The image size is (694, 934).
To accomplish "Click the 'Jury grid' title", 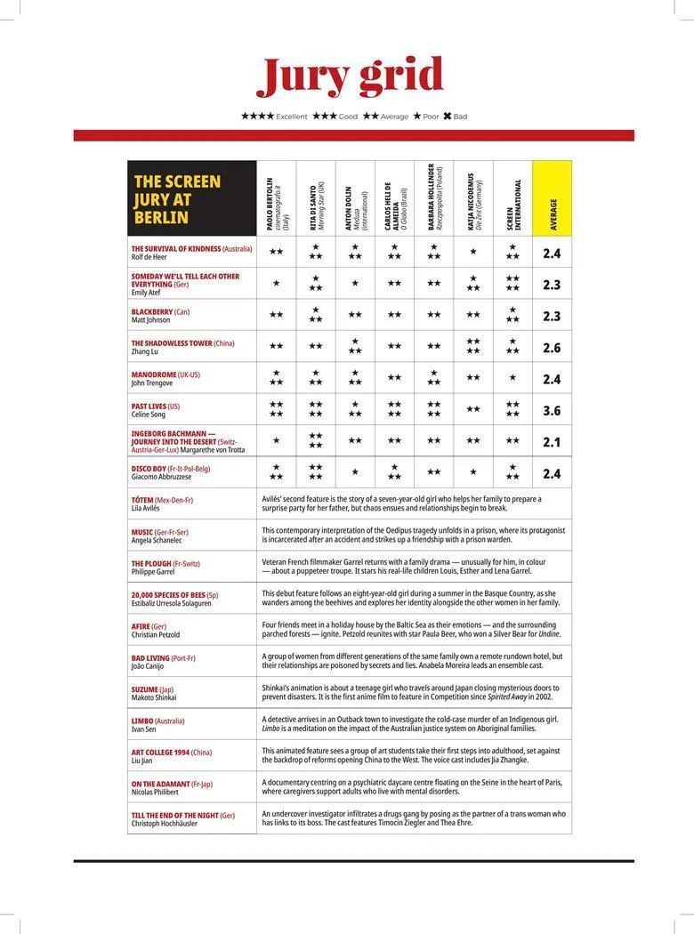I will (x=350, y=76).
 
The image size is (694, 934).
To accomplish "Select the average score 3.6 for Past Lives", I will (x=552, y=411).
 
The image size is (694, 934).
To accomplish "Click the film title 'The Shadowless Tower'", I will (x=172, y=343).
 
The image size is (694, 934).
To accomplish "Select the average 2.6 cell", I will (x=552, y=348).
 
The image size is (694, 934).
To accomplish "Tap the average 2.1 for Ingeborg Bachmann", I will (x=552, y=442).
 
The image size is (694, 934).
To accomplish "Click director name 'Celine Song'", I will (x=149, y=415).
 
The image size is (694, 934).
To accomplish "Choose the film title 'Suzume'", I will (x=144, y=689).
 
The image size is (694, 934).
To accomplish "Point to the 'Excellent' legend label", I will (x=291, y=117).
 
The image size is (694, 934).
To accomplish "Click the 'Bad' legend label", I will (x=460, y=117).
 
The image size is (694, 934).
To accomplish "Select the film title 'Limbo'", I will (x=142, y=721).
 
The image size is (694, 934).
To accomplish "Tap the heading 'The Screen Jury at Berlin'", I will (x=177, y=199).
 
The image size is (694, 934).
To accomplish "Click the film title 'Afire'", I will (x=141, y=626).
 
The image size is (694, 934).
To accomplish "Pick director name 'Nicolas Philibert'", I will (x=155, y=792).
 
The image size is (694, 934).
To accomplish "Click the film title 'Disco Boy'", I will (x=149, y=469).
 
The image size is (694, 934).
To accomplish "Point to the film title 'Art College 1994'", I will (x=160, y=753).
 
